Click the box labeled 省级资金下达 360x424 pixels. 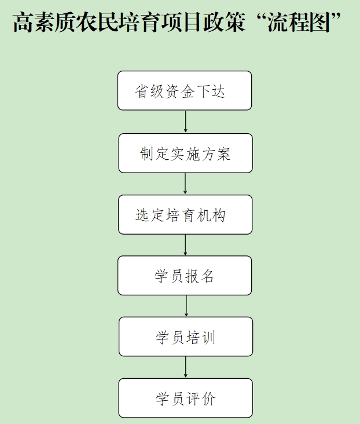pos(185,90)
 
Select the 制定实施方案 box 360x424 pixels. pos(185,153)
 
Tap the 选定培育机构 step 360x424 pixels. pos(185,214)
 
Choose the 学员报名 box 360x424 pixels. pos(185,275)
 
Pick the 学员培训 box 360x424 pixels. pos(186,337)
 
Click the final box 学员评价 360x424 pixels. pos(185,398)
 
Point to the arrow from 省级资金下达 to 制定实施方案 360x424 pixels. pos(185,122)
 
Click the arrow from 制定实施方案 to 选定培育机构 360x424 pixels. pos(185,184)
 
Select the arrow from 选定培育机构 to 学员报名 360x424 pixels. pos(185,244)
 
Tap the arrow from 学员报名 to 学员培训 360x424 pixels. pos(186,306)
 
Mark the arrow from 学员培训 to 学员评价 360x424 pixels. pos(185,367)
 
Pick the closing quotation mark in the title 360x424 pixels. pos(336,17)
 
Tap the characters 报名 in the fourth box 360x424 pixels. pos(200,276)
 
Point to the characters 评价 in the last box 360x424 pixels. pos(201,399)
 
